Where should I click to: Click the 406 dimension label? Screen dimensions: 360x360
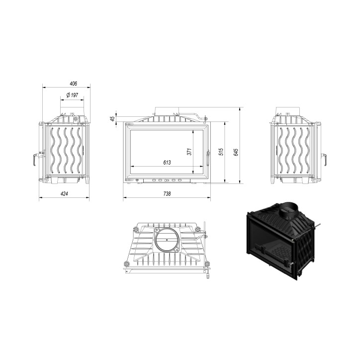pos(73,84)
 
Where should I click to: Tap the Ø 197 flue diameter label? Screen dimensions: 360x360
pos(72,95)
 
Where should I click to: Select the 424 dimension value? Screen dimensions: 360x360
pos(64,194)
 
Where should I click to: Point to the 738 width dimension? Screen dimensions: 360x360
pos(167,194)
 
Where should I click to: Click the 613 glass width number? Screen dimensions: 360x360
pos(167,163)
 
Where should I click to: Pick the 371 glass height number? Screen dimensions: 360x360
pos(189,152)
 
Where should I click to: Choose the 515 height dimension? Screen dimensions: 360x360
pos(221,152)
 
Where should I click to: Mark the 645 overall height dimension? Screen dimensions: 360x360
pos(236,152)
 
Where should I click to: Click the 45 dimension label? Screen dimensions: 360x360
pos(112,119)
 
